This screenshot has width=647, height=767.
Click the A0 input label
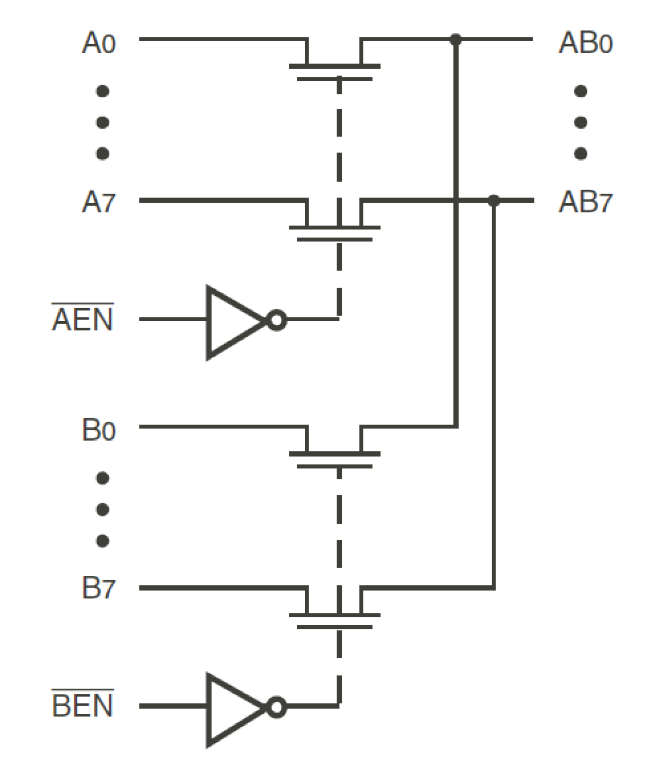point(98,43)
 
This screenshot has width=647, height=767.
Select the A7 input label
point(98,202)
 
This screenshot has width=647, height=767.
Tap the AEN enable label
point(82,319)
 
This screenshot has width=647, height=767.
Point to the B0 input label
point(98,430)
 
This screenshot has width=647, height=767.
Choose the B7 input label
point(98,588)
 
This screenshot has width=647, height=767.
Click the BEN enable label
point(82,705)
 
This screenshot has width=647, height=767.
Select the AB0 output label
point(585,43)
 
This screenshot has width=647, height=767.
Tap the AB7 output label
point(585,202)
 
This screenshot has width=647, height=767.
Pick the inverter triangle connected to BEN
point(232,708)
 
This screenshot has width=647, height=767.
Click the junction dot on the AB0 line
point(455,39)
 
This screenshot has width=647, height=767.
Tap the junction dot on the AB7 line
point(493,200)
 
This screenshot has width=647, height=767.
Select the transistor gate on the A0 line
point(334,73)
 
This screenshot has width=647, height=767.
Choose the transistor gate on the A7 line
point(334,234)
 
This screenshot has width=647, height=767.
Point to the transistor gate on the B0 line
point(334,460)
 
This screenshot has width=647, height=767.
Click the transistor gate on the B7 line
point(334,621)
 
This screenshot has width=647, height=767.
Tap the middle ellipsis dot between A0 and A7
point(103,122)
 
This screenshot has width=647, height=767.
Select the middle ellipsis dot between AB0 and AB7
point(581,122)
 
